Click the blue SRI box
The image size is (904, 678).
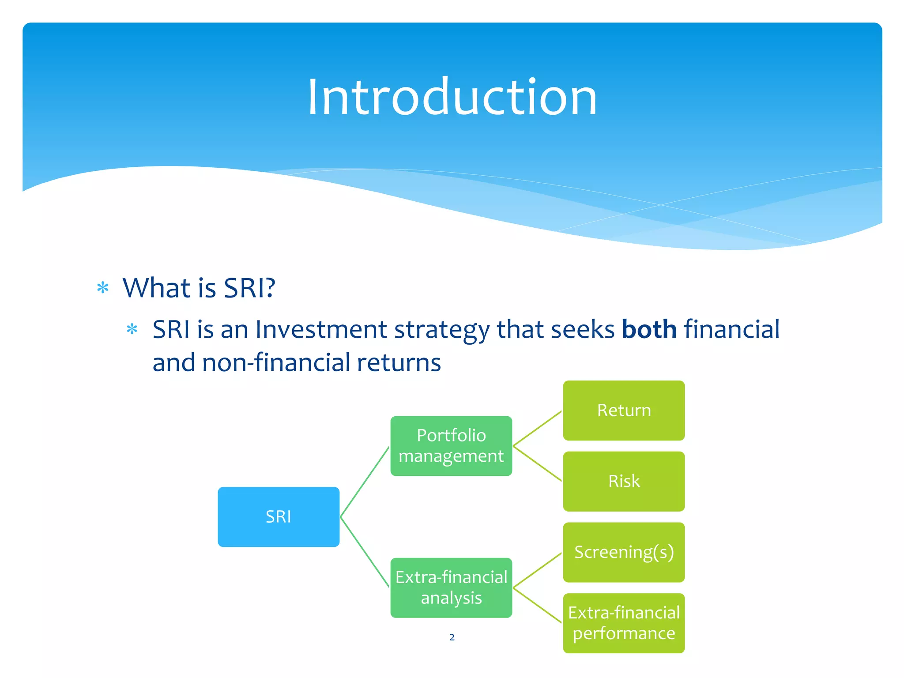click(x=279, y=516)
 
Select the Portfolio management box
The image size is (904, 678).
click(x=451, y=446)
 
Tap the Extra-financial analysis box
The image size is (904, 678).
click(x=451, y=588)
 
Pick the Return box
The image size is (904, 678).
click(x=624, y=411)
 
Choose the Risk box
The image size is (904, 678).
click(x=624, y=481)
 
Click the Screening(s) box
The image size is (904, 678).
click(x=624, y=552)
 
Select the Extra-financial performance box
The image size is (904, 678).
click(x=624, y=623)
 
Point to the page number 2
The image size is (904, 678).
click(x=452, y=637)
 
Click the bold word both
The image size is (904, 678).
click(x=649, y=329)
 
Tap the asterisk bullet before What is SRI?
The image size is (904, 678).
click(x=103, y=288)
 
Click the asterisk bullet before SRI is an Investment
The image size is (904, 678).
click(x=132, y=329)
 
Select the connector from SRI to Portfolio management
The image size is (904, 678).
click(x=365, y=482)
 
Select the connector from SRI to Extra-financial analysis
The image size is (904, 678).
click(x=365, y=552)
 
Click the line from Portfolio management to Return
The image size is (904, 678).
click(x=538, y=428)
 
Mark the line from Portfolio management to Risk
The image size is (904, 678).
click(x=538, y=463)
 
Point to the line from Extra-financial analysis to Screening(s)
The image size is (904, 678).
click(x=538, y=570)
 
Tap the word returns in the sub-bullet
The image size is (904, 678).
click(x=399, y=363)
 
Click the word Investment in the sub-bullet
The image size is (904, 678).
click(x=321, y=329)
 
